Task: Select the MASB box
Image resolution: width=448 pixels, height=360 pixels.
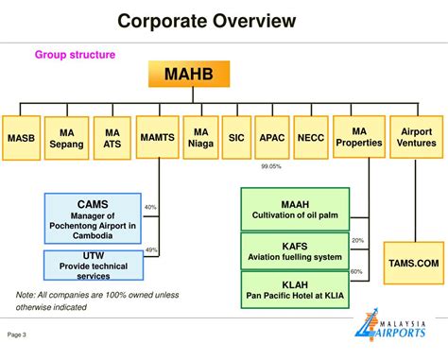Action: pos(21,138)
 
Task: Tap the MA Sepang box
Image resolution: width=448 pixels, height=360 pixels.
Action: pos(66,138)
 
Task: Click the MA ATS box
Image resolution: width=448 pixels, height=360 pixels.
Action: pos(112,138)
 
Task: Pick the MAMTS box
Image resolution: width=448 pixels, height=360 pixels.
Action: pos(158,138)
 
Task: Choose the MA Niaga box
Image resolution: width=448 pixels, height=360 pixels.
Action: pos(200,138)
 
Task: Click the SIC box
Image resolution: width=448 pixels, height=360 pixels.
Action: pos(235,138)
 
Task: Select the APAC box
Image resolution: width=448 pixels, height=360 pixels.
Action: pos(272,138)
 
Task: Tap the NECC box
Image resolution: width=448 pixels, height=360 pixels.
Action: pos(310,138)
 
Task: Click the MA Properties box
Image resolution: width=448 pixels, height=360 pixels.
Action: pos(358,137)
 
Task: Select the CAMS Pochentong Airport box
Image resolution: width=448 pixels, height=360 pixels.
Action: pos(92,219)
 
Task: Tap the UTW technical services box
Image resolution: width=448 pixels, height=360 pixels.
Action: pos(92,266)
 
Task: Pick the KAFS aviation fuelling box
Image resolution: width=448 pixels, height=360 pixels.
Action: pos(294,251)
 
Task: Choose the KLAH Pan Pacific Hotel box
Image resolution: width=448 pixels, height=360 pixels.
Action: pos(294,288)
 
